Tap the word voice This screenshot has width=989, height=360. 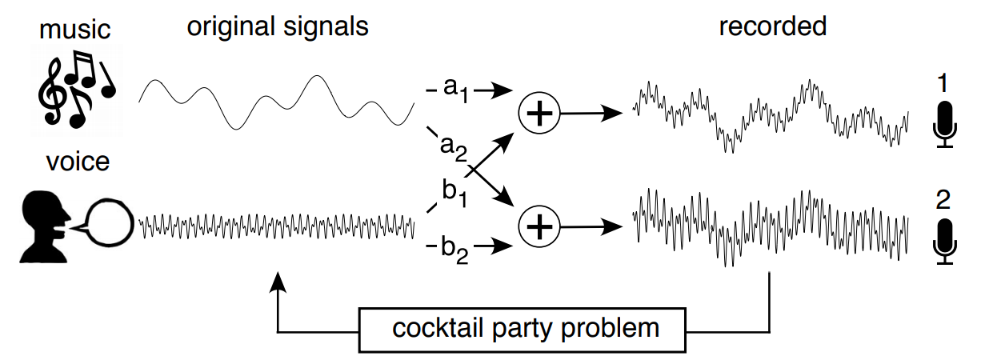point(77,162)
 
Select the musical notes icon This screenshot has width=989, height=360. point(77,88)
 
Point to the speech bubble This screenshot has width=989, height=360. point(109,222)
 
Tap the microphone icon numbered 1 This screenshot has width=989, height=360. point(946,124)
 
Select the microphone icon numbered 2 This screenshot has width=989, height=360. point(946,240)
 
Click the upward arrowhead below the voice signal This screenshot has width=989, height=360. point(278,279)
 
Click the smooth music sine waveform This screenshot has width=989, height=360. point(276,102)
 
